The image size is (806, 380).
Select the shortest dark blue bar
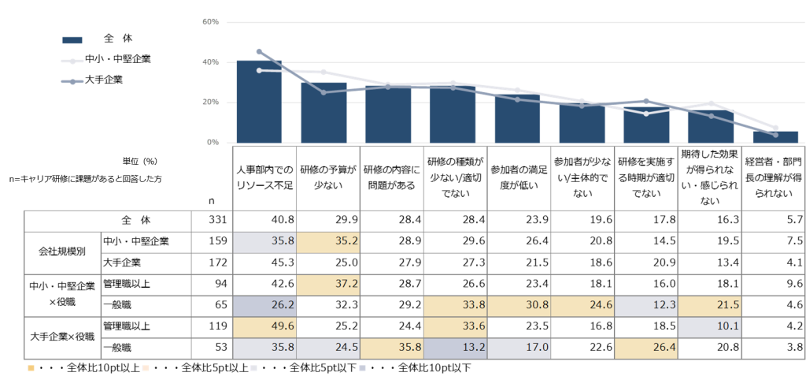775,136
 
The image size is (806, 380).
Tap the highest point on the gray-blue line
259,51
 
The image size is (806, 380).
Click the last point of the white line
775,128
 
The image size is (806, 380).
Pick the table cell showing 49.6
264,326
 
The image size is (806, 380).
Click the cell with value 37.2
328,285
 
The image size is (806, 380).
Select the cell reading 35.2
328,243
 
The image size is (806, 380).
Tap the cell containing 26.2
264,306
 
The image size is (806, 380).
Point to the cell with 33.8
455,306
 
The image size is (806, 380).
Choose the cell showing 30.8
519,306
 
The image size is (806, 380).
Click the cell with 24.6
582,306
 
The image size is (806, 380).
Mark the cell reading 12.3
646,306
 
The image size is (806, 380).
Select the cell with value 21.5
709,306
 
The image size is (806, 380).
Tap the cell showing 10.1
709,326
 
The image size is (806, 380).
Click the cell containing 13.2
455,348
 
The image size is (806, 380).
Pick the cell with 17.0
519,348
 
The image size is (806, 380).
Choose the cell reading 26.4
646,348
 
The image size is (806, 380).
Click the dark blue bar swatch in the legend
72,40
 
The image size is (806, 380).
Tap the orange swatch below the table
31,367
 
